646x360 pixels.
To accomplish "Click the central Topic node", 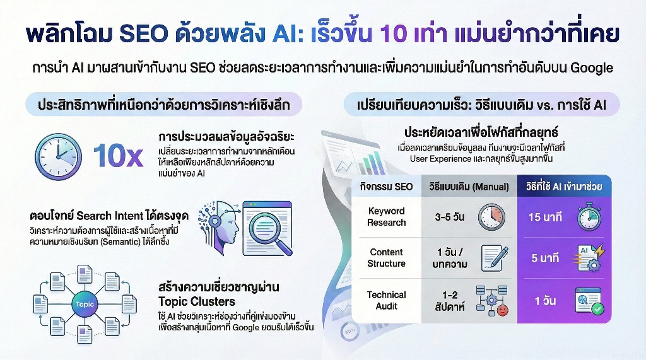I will (84, 305).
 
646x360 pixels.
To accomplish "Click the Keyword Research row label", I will (386, 217).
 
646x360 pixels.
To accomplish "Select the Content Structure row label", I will (386, 258).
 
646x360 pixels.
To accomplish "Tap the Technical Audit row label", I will (386, 300).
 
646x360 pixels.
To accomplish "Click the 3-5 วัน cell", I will (450, 217).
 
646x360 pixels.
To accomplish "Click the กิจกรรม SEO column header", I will (386, 187).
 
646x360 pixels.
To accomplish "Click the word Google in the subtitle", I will (592, 68).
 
